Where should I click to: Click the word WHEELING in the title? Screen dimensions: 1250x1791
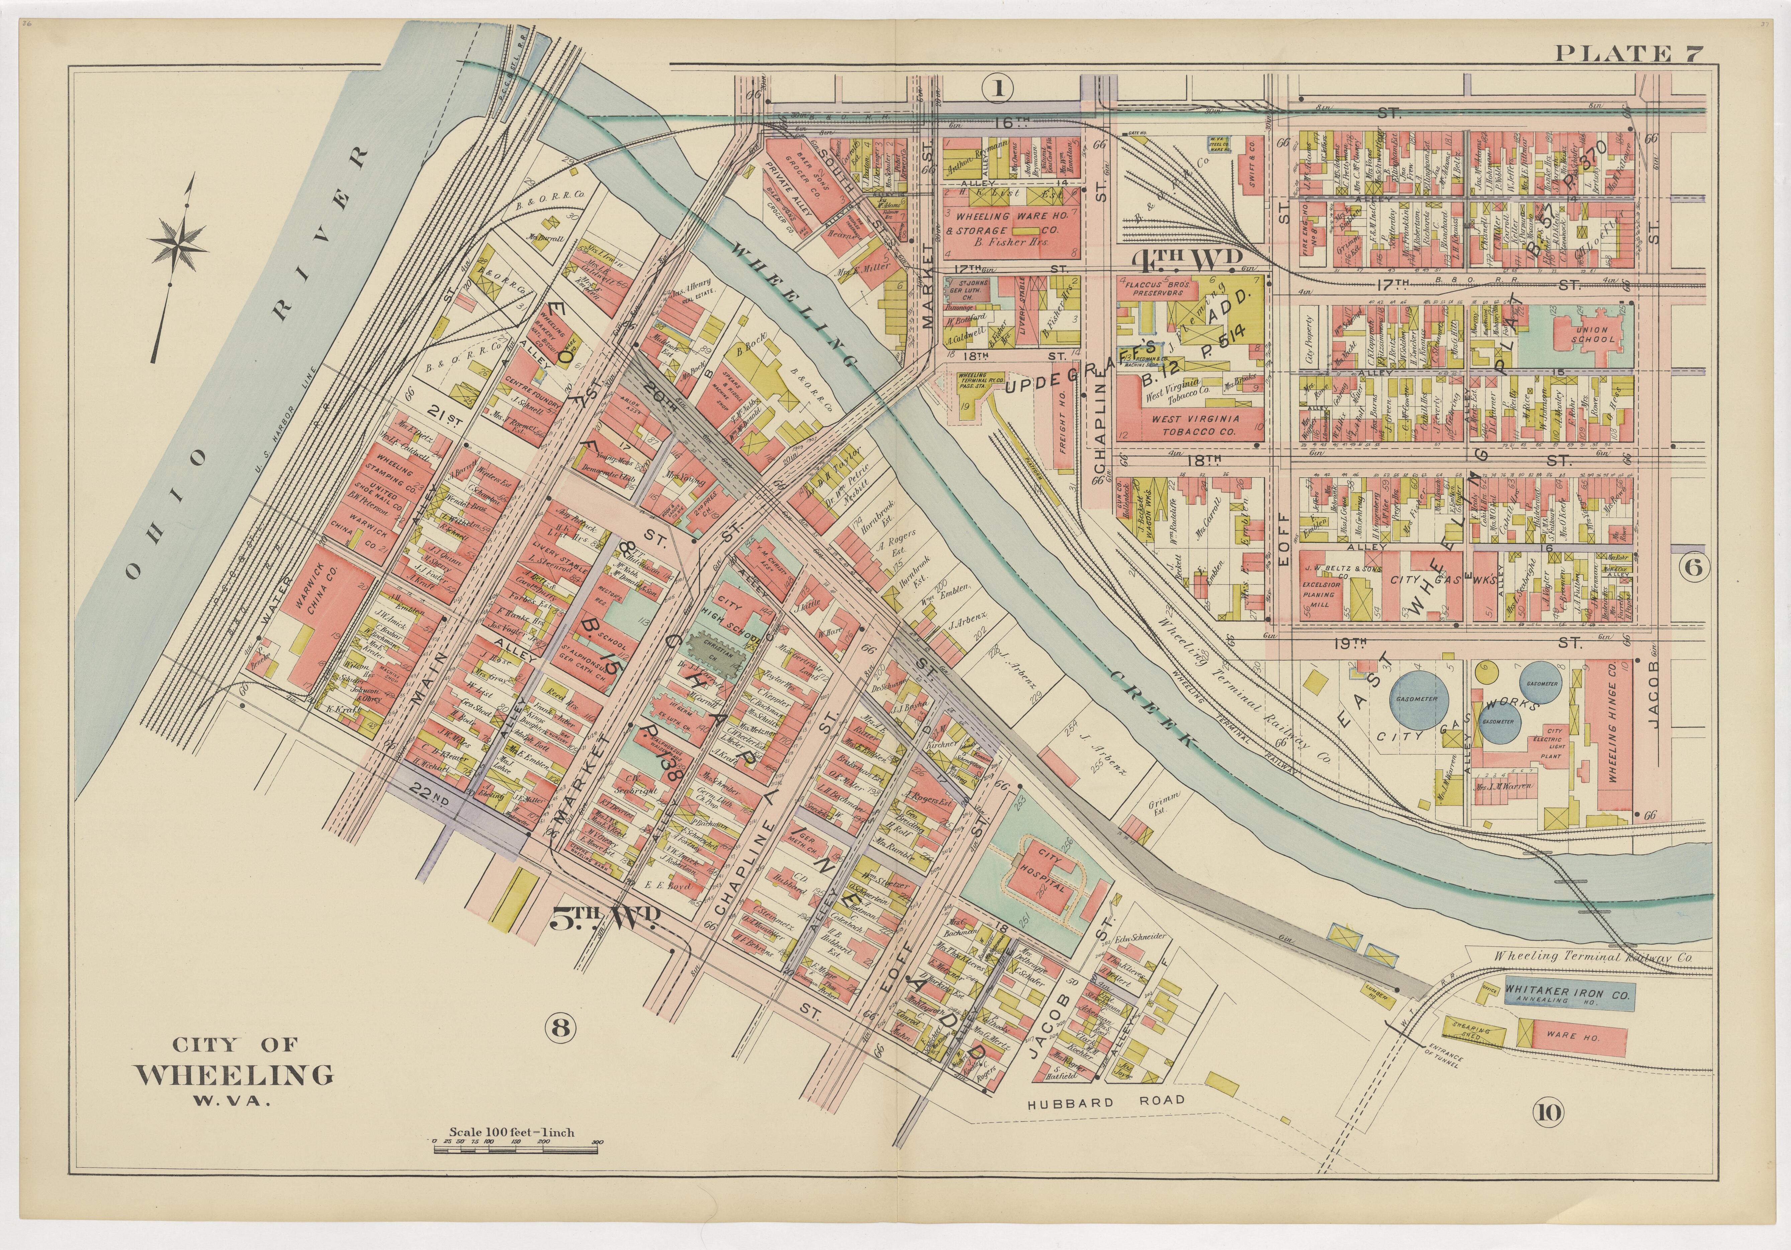[234, 1075]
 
